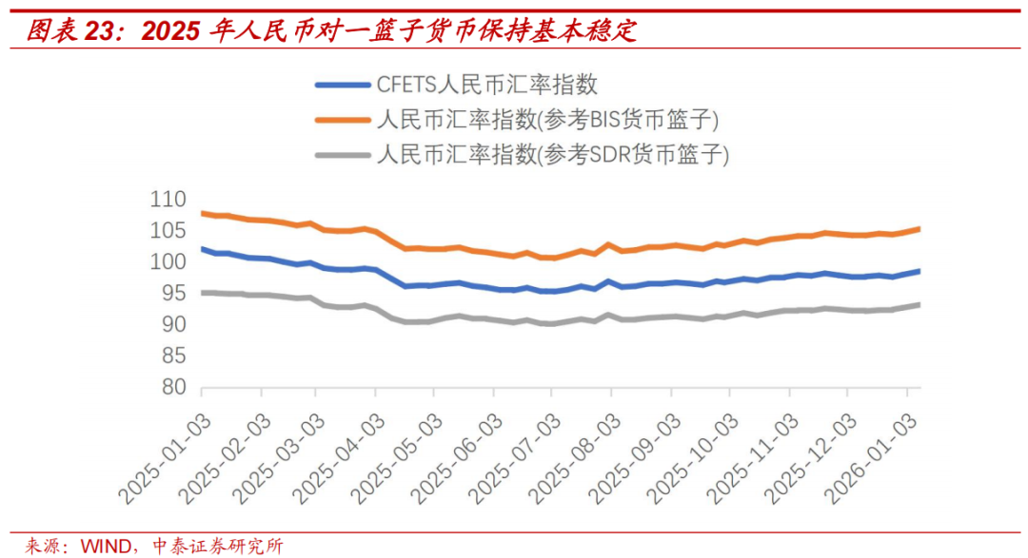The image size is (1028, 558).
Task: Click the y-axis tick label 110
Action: click(x=168, y=200)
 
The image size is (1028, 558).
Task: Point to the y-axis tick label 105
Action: click(x=168, y=231)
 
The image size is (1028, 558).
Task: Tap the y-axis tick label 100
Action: click(x=168, y=262)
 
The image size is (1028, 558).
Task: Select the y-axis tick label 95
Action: click(x=172, y=294)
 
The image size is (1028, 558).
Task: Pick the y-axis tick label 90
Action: click(x=172, y=325)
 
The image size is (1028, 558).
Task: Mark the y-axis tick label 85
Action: click(x=172, y=356)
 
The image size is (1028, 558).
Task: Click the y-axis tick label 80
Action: click(x=172, y=388)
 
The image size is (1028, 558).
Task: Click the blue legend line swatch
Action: click(x=342, y=85)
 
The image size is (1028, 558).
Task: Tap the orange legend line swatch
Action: click(x=342, y=120)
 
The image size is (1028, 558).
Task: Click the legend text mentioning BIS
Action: click(x=547, y=120)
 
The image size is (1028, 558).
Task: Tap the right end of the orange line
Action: click(x=919, y=228)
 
